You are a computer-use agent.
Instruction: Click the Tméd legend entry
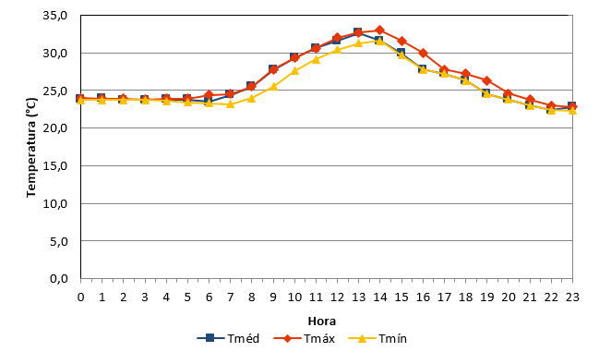point(228,338)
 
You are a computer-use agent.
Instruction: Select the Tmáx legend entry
point(305,338)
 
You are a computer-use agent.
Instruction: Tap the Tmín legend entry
point(377,338)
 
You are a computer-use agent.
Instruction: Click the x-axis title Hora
point(322,322)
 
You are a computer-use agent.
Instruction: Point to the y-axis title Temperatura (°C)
point(31,148)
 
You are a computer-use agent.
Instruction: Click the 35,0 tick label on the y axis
point(55,15)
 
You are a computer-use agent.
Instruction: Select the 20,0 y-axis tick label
point(55,128)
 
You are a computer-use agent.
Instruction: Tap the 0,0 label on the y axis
point(58,279)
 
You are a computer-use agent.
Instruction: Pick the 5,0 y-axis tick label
point(58,241)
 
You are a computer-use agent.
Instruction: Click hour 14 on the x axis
point(380,297)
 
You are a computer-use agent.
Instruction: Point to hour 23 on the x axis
point(572,297)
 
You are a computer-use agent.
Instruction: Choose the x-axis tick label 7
point(231,297)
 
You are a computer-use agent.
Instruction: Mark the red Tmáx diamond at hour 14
point(380,30)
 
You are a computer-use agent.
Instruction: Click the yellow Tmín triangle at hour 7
point(231,103)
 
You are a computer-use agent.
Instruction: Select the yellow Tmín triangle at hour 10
point(294,70)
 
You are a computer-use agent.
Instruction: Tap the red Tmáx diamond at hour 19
point(486,80)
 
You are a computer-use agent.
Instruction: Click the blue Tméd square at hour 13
point(358,32)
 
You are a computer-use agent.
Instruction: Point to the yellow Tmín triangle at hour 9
point(273,86)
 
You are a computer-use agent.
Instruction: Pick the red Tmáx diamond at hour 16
point(423,53)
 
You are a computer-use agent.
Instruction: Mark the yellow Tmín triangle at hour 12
point(337,49)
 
